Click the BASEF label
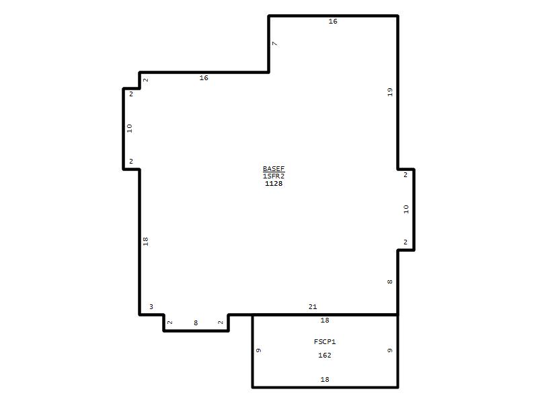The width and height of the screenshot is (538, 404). (x=274, y=168)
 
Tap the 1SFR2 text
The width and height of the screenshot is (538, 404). (x=274, y=176)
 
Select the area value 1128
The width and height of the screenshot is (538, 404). (x=274, y=183)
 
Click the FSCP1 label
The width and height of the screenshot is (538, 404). (x=325, y=341)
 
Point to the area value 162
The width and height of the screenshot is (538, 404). (x=325, y=355)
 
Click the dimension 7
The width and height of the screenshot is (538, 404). (x=274, y=44)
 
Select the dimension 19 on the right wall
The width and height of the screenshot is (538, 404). (x=389, y=92)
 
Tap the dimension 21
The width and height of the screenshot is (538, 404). (x=313, y=306)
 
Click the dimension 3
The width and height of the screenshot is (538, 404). (x=151, y=306)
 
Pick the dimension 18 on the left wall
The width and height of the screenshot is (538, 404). (x=145, y=241)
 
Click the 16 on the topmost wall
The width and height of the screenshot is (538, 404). (x=333, y=21)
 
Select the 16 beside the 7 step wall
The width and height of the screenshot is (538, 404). (x=204, y=77)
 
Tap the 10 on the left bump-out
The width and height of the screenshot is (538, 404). (x=129, y=128)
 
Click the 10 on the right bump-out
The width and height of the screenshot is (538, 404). (x=406, y=209)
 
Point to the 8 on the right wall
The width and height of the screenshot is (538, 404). (x=389, y=281)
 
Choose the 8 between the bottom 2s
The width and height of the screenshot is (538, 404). (x=196, y=323)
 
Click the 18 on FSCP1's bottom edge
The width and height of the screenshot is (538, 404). (x=325, y=379)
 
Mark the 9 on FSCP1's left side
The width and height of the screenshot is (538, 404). (x=258, y=350)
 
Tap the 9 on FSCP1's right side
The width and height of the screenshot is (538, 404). (x=389, y=350)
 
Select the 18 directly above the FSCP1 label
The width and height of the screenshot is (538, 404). (x=325, y=321)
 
